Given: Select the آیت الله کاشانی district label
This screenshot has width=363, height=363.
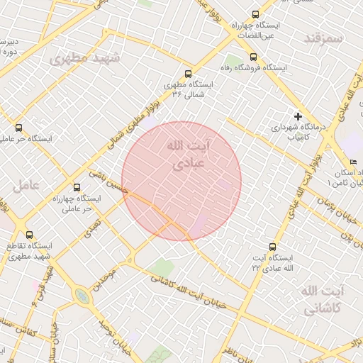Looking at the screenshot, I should (x=322, y=301).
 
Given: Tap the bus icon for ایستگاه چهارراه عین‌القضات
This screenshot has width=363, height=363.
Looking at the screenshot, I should (x=255, y=14).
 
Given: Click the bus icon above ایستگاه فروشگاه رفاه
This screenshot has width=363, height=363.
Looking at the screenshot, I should (x=253, y=57).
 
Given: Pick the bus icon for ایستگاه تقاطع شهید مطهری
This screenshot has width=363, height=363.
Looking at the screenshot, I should (x=29, y=235).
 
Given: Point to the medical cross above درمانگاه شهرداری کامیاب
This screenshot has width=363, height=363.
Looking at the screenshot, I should (x=298, y=116).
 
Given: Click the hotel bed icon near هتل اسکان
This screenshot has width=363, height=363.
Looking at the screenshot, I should (x=353, y=162).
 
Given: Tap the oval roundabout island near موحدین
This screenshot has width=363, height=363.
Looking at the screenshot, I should (x=83, y=296).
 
